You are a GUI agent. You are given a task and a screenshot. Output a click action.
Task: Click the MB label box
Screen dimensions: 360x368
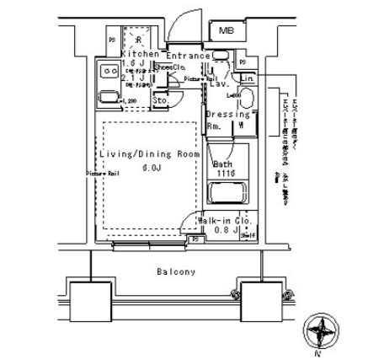(x=225, y=30)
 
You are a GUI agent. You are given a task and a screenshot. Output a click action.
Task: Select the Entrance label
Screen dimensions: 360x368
(x=187, y=56)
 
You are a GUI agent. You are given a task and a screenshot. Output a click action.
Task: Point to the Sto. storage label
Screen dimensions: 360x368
(x=160, y=98)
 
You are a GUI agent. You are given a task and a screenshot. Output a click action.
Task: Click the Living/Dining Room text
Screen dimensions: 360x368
(x=149, y=155)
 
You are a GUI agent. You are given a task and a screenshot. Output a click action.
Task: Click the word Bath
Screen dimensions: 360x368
(x=223, y=164)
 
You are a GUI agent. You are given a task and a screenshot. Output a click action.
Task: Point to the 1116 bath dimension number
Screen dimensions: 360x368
(x=224, y=174)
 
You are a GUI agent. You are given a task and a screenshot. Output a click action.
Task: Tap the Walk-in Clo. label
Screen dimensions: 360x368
(x=221, y=219)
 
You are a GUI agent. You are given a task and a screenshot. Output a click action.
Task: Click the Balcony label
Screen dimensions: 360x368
(x=176, y=272)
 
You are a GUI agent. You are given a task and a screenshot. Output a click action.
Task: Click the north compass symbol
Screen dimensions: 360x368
(x=321, y=330)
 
